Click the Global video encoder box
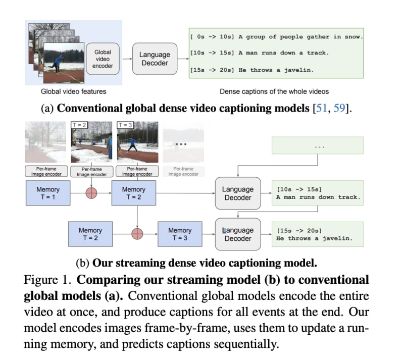(x=103, y=59)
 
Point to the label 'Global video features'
(x=73, y=91)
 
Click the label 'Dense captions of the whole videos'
(x=274, y=91)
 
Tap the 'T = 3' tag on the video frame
(x=125, y=125)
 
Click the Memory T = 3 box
(x=180, y=234)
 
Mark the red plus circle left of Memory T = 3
(x=137, y=234)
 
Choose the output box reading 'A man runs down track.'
(x=318, y=193)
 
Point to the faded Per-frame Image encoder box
(x=182, y=171)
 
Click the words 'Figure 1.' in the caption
(x=47, y=280)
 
